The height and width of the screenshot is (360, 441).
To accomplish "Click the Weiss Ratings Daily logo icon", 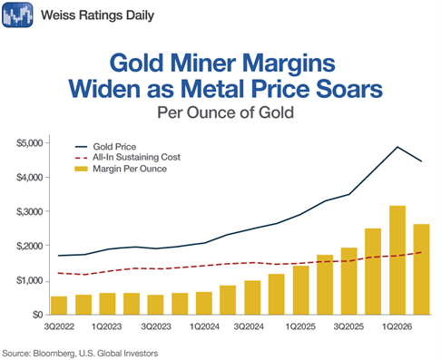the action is point(17,15).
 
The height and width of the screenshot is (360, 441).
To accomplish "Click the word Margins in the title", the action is point(289,63).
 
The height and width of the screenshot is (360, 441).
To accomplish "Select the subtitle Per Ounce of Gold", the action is point(225,112).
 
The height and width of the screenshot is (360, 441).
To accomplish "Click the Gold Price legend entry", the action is point(105,147).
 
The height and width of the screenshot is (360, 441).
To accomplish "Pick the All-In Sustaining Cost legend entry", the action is point(127,157).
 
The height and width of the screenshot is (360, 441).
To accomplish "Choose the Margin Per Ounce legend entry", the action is point(121,169).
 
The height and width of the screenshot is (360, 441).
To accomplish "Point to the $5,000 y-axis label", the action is point(30,143).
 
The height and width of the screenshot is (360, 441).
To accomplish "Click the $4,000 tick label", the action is point(30,178).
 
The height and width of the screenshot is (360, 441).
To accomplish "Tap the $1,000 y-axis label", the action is point(30,281).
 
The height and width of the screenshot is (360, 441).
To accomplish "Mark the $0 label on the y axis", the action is point(37,315).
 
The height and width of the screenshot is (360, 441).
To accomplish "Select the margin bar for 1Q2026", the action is point(397,260).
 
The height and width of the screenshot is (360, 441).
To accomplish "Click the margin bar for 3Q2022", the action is point(59,306).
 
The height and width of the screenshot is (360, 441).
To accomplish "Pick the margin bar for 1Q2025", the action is point(301,290).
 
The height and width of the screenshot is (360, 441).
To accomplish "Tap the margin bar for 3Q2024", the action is point(252,297).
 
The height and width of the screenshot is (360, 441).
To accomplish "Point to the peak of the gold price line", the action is point(397,147).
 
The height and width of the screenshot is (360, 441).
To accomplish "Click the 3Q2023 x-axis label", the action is point(156,326).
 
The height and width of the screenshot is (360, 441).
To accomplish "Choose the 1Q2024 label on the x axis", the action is point(204,326).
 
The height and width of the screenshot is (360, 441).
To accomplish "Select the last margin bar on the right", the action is point(422,269).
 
